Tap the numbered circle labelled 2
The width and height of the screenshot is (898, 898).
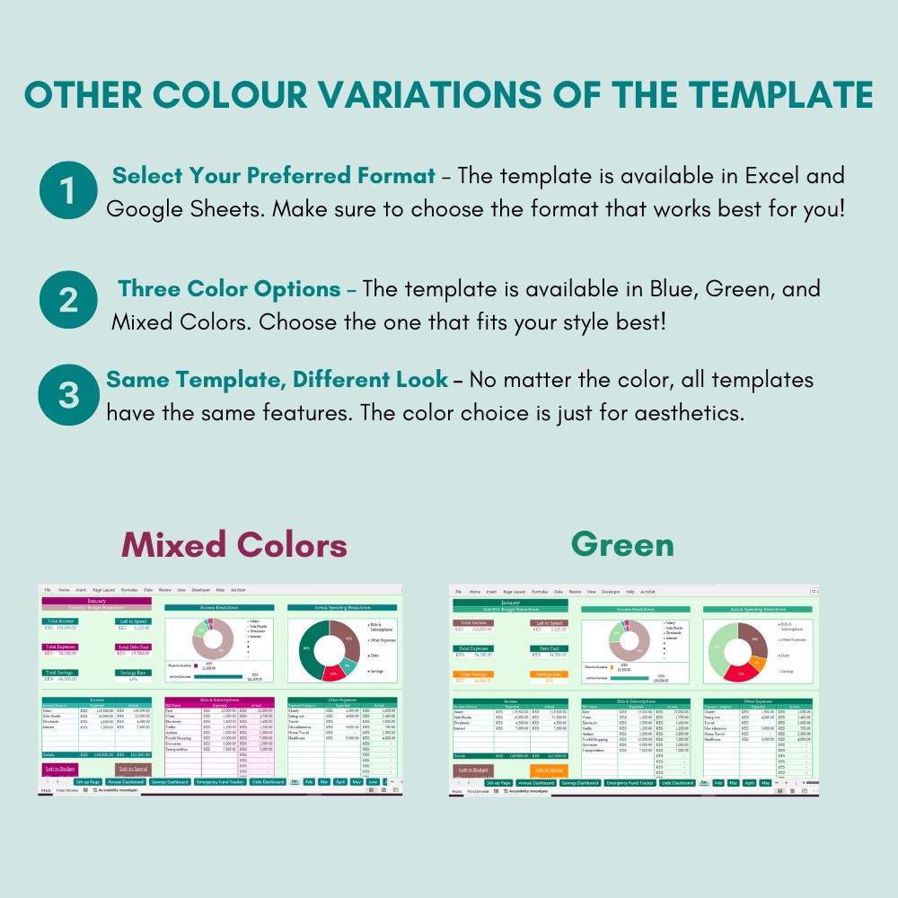69,300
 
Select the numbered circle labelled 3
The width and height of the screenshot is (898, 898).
69,396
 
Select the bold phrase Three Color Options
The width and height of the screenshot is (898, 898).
231,289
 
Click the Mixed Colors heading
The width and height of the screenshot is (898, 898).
234,544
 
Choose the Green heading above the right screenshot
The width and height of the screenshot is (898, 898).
622,544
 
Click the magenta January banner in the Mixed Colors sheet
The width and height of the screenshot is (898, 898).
96,601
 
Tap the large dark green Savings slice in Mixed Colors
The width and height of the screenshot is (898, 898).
307,648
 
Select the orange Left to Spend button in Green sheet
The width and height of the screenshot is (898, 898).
549,770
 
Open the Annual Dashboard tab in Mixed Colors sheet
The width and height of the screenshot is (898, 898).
126,782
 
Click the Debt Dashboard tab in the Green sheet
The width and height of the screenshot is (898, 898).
677,783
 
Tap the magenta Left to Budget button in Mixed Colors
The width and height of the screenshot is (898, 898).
60,769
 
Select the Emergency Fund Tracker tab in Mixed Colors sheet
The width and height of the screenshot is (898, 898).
219,782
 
